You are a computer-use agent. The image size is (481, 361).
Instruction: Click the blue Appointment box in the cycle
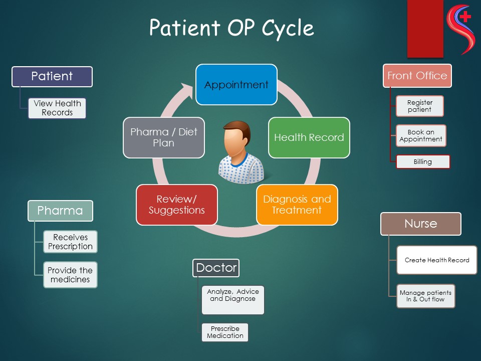click(x=236, y=84)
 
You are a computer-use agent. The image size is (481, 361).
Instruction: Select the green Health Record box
click(x=309, y=137)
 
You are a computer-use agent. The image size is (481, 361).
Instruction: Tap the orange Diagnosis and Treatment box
click(x=297, y=205)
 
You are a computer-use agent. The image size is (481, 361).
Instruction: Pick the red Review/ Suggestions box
click(x=177, y=205)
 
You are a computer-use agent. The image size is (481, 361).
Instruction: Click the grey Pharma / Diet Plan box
click(x=164, y=137)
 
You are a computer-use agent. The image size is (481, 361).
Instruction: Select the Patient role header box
click(x=52, y=76)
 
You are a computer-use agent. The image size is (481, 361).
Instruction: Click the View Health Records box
click(x=57, y=108)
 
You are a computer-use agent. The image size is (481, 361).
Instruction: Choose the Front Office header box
click(x=417, y=76)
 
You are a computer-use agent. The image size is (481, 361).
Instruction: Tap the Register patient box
click(x=420, y=106)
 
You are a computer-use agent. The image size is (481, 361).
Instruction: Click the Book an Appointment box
click(x=421, y=135)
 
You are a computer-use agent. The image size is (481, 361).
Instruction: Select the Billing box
click(x=423, y=162)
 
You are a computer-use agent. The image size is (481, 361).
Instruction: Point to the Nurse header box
click(x=420, y=224)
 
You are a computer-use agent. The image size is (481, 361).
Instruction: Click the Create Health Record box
click(x=437, y=260)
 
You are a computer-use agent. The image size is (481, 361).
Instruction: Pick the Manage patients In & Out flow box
click(x=425, y=296)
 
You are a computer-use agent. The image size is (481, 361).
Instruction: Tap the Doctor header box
click(x=216, y=268)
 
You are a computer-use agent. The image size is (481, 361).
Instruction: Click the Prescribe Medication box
click(x=225, y=332)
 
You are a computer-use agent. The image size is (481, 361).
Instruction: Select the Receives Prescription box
click(x=70, y=242)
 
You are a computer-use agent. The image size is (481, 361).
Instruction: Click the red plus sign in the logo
click(x=465, y=17)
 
